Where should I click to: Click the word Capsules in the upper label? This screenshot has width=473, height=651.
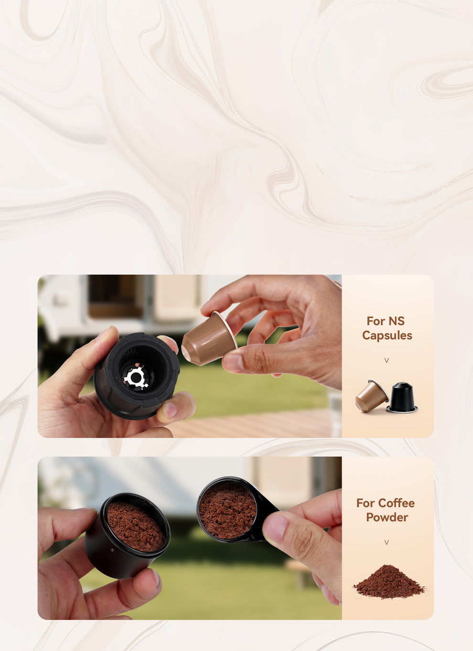(387, 336)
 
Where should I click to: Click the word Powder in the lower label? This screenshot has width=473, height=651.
(387, 518)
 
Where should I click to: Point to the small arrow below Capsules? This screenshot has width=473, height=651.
(387, 360)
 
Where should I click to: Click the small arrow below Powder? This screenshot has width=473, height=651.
(387, 542)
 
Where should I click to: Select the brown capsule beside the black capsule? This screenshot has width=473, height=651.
(372, 396)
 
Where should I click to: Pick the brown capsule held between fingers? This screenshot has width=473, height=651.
(210, 339)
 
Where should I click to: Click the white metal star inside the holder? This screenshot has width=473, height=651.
(136, 377)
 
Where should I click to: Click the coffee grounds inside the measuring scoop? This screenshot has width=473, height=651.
(227, 511)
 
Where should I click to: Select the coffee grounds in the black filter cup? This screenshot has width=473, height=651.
(136, 526)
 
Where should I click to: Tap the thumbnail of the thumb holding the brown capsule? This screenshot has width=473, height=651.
(234, 363)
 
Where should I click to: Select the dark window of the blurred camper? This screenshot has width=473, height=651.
(116, 296)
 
